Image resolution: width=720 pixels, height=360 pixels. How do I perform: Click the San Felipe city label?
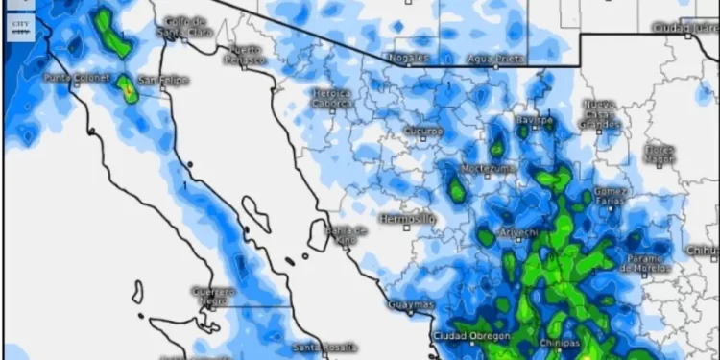[x=162, y=80]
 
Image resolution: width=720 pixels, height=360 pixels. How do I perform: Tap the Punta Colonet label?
[x=69, y=77]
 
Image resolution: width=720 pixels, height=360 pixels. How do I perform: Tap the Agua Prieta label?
[x=494, y=58]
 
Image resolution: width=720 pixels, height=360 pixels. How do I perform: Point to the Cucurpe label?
[x=423, y=130]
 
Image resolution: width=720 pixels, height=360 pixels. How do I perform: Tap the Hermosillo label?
[x=408, y=219]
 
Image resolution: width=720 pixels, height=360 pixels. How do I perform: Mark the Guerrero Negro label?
[x=212, y=295]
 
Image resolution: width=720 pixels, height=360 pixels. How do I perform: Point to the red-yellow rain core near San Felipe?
[x=128, y=89]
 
